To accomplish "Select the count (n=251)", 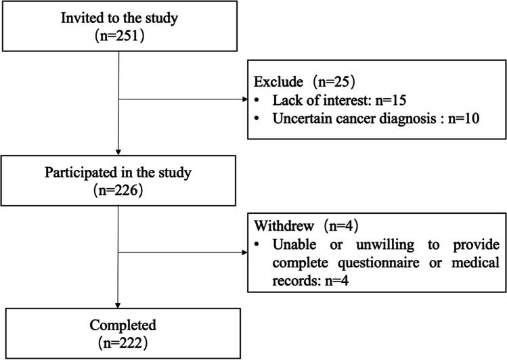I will [119, 38].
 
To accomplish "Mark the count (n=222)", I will [119, 342].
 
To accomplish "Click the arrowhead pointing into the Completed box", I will [118, 304].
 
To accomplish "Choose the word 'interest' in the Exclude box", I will [328, 99].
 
